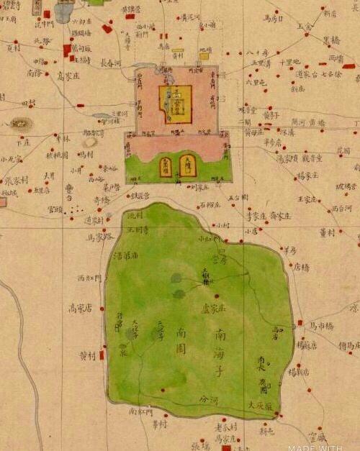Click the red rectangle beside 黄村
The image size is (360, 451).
click(102, 354)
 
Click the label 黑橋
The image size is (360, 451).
click(330, 40)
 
